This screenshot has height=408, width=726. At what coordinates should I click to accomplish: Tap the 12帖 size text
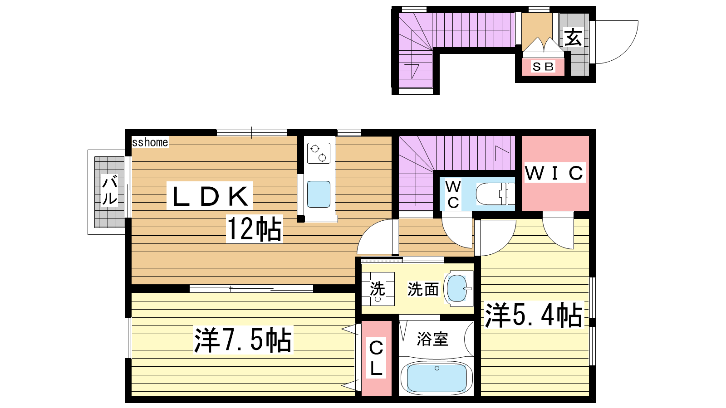point(255,228)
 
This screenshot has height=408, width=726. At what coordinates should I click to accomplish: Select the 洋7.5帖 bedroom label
point(243,340)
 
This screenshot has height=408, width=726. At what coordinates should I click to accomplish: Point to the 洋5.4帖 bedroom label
point(533,315)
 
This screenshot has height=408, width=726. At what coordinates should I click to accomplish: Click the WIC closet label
point(555,173)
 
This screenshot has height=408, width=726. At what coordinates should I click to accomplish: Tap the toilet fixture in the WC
point(495,194)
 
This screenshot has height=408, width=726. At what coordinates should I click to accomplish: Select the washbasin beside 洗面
point(458,288)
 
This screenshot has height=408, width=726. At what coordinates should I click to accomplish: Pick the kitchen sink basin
point(319,194)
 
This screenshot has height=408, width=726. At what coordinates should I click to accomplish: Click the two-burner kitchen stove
point(319,153)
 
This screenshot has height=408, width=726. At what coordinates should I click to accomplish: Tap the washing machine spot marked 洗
point(378,289)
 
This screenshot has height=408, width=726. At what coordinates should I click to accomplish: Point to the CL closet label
point(376,358)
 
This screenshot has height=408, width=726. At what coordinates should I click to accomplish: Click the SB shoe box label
point(543,67)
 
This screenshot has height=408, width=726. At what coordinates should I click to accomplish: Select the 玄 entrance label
point(573,38)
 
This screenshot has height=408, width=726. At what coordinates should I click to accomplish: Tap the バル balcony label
point(109,190)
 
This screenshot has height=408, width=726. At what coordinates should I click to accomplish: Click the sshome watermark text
point(150,142)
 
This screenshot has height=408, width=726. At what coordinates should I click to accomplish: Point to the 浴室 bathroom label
point(432,339)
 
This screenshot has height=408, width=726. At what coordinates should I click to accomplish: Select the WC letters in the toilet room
point(453,194)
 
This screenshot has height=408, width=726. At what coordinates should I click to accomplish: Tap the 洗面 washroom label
point(423,289)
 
